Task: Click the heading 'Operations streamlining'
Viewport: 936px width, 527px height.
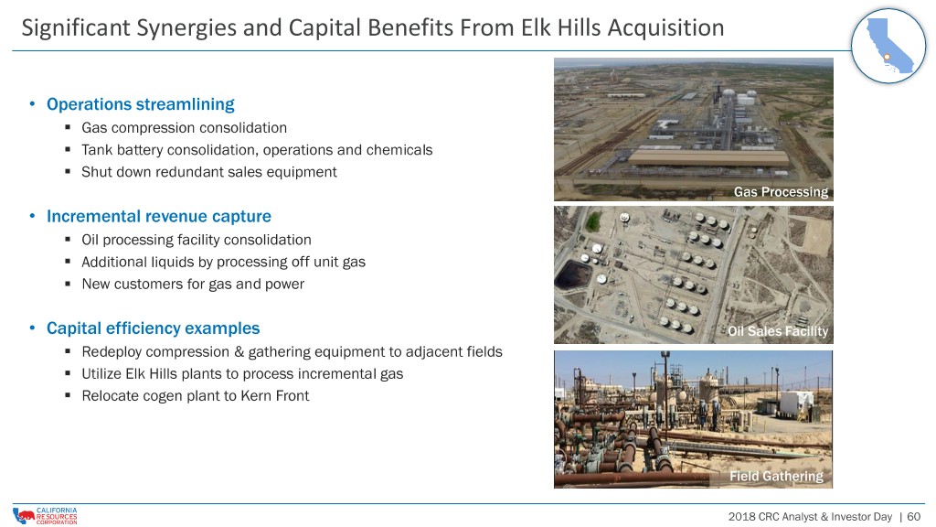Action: [x=140, y=104]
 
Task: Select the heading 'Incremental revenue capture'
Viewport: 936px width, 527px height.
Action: [x=159, y=216]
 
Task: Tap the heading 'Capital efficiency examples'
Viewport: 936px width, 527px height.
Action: [x=153, y=328]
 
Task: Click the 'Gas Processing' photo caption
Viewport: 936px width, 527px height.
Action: [x=781, y=192]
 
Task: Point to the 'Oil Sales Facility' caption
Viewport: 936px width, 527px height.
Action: [x=778, y=331]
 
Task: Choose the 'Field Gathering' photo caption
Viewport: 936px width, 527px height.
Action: [x=776, y=476]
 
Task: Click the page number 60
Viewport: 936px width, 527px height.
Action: [x=914, y=516]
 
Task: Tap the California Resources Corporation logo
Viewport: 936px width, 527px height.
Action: [x=45, y=516]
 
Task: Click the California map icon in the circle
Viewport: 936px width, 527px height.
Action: [x=888, y=46]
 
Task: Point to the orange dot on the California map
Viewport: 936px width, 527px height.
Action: [x=887, y=57]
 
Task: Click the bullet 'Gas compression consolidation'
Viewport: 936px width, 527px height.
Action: [x=184, y=128]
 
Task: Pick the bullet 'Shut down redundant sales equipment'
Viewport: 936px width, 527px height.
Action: [x=209, y=172]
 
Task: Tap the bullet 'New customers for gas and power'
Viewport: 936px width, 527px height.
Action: [x=193, y=284]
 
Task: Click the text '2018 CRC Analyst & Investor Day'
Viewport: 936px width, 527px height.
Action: [x=810, y=516]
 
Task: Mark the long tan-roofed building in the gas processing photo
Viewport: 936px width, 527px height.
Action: [x=709, y=157]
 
